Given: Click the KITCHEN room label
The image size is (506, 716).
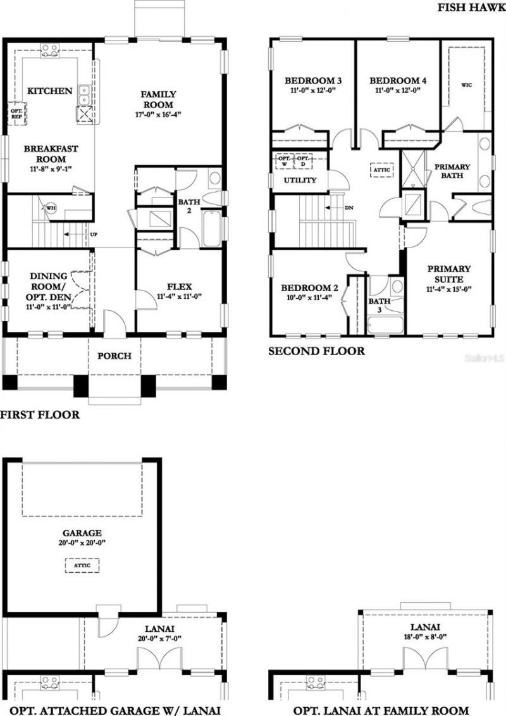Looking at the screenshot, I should pyautogui.click(x=49, y=91).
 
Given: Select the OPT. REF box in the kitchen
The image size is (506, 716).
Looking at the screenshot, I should pyautogui.click(x=16, y=111).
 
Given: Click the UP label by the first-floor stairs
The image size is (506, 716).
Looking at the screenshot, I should pyautogui.click(x=94, y=234).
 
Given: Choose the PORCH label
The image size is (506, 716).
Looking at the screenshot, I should pyautogui.click(x=114, y=356).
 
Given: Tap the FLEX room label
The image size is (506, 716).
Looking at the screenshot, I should pyautogui.click(x=179, y=286).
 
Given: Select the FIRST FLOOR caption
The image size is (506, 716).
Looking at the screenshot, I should pyautogui.click(x=40, y=415).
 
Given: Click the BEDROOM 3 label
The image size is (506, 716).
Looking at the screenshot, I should pyautogui.click(x=313, y=81).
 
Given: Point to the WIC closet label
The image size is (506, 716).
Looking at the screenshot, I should pyautogui.click(x=467, y=84).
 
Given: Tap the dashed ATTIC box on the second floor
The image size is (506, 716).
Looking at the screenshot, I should pyautogui.click(x=382, y=170).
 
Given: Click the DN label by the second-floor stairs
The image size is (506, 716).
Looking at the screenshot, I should pyautogui.click(x=349, y=208).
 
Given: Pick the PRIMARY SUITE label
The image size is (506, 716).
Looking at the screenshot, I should pyautogui.click(x=449, y=273).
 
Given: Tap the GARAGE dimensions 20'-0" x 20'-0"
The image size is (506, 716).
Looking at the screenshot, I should pyautogui.click(x=82, y=543).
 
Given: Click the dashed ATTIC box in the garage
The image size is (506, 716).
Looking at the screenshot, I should pyautogui.click(x=82, y=565).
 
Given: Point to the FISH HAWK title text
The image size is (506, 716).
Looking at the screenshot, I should pyautogui.click(x=471, y=8).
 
